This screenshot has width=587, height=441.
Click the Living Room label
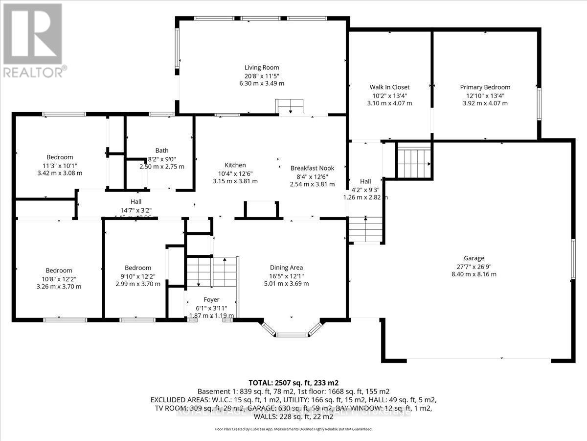coord(262,68)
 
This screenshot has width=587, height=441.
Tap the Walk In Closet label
coord(389,87)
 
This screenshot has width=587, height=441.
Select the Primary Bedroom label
coord(485,87)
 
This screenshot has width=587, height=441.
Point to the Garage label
coord(474,258)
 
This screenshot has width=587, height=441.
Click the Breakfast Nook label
coord(312,166)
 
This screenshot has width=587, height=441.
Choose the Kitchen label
coord(235,165)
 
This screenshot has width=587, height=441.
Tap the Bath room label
coord(161,150)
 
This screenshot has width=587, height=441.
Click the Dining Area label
coord(286,268)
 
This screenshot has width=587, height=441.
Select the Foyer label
coord(211,300)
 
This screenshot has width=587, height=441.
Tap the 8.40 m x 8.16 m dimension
coord(474,274)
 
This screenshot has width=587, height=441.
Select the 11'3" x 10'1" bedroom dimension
coord(60,165)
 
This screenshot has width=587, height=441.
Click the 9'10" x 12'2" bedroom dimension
coord(137,276)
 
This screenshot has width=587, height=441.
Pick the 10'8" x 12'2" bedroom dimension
coord(59,278)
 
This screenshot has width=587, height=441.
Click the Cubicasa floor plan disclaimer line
coord(293,429)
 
